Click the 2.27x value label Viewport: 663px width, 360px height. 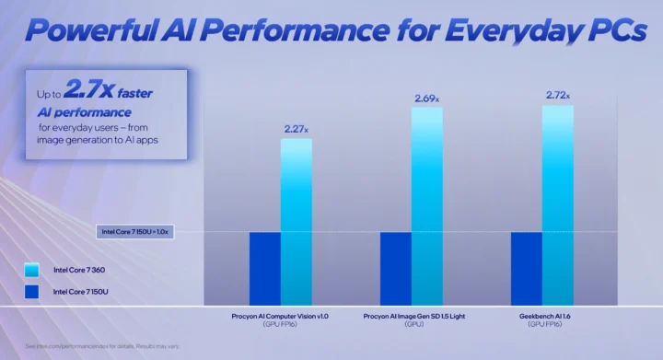296,130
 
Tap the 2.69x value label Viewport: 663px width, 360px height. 427,98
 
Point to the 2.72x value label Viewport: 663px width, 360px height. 558,95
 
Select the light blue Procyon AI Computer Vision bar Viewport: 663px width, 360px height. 297,222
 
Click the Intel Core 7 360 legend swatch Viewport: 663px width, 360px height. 32,270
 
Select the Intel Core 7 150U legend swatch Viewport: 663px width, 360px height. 32,292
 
